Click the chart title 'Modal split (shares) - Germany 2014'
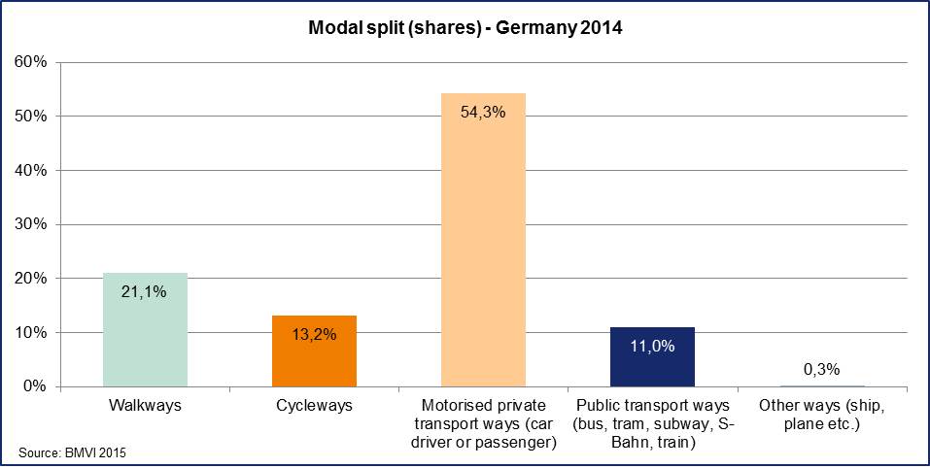click(x=465, y=28)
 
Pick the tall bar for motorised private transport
click(x=483, y=243)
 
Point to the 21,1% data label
click(x=145, y=289)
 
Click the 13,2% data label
click(x=314, y=333)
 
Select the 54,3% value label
click(x=483, y=111)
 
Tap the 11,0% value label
click(x=652, y=345)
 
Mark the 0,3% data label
click(x=821, y=369)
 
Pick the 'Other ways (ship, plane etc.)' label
click(x=821, y=415)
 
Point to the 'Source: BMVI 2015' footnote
click(x=72, y=452)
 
